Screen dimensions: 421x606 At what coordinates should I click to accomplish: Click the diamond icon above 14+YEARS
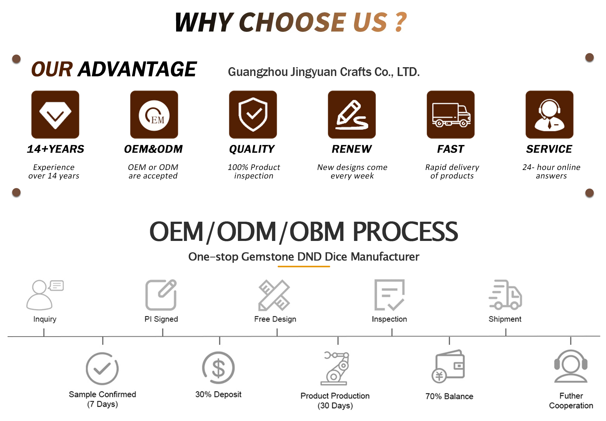pyautogui.click(x=55, y=114)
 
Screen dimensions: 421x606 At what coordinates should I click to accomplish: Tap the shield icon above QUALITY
pyautogui.click(x=253, y=114)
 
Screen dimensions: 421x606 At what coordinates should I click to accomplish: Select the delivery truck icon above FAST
pyautogui.click(x=451, y=114)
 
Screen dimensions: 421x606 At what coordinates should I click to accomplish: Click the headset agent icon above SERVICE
pyautogui.click(x=550, y=114)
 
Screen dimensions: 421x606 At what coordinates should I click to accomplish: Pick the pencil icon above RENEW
pyautogui.click(x=352, y=114)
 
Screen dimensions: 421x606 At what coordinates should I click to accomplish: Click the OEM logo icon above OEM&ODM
pyautogui.click(x=154, y=114)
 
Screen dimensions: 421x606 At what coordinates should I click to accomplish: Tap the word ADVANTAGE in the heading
pyautogui.click(x=137, y=69)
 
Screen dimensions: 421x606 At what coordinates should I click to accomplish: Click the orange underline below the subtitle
pyautogui.click(x=304, y=266)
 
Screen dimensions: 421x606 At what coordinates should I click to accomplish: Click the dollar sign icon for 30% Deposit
pyautogui.click(x=218, y=368)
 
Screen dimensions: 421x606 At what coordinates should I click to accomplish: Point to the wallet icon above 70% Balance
pyautogui.click(x=449, y=366)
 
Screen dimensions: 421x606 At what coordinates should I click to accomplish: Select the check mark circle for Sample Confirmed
pyautogui.click(x=102, y=368)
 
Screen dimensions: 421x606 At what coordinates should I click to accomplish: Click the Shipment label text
pyautogui.click(x=505, y=319)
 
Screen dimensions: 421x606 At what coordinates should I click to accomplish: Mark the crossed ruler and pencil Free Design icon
pyautogui.click(x=274, y=295)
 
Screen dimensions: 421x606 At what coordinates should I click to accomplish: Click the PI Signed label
pyautogui.click(x=161, y=319)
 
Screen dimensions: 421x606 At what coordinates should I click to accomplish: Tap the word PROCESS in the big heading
pyautogui.click(x=405, y=232)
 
